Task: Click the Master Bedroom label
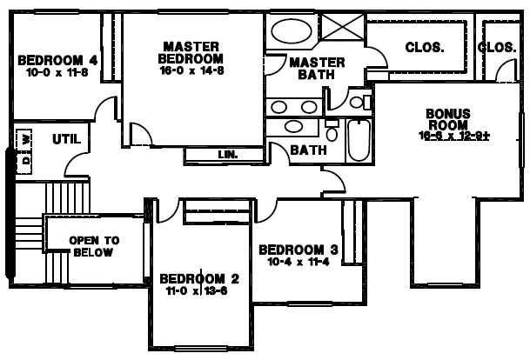tap(191, 53)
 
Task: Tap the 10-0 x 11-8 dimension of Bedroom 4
tap(57, 72)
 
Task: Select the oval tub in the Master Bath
tap(292, 31)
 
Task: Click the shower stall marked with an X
tap(342, 27)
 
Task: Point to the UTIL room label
tap(67, 139)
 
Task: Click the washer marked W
tap(26, 138)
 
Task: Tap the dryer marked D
tap(26, 159)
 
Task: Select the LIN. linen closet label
tap(228, 155)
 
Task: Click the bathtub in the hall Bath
tap(359, 140)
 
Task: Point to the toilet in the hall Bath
tap(332, 130)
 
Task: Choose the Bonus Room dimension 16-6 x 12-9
tap(454, 136)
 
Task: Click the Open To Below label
tap(94, 247)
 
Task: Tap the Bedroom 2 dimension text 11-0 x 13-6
tap(197, 290)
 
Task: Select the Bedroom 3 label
tap(299, 250)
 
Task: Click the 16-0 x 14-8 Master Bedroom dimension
tap(191, 70)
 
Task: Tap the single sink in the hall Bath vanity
tap(293, 126)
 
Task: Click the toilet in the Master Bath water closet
tap(360, 102)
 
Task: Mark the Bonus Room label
tap(448, 119)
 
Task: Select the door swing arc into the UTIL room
tap(73, 158)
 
